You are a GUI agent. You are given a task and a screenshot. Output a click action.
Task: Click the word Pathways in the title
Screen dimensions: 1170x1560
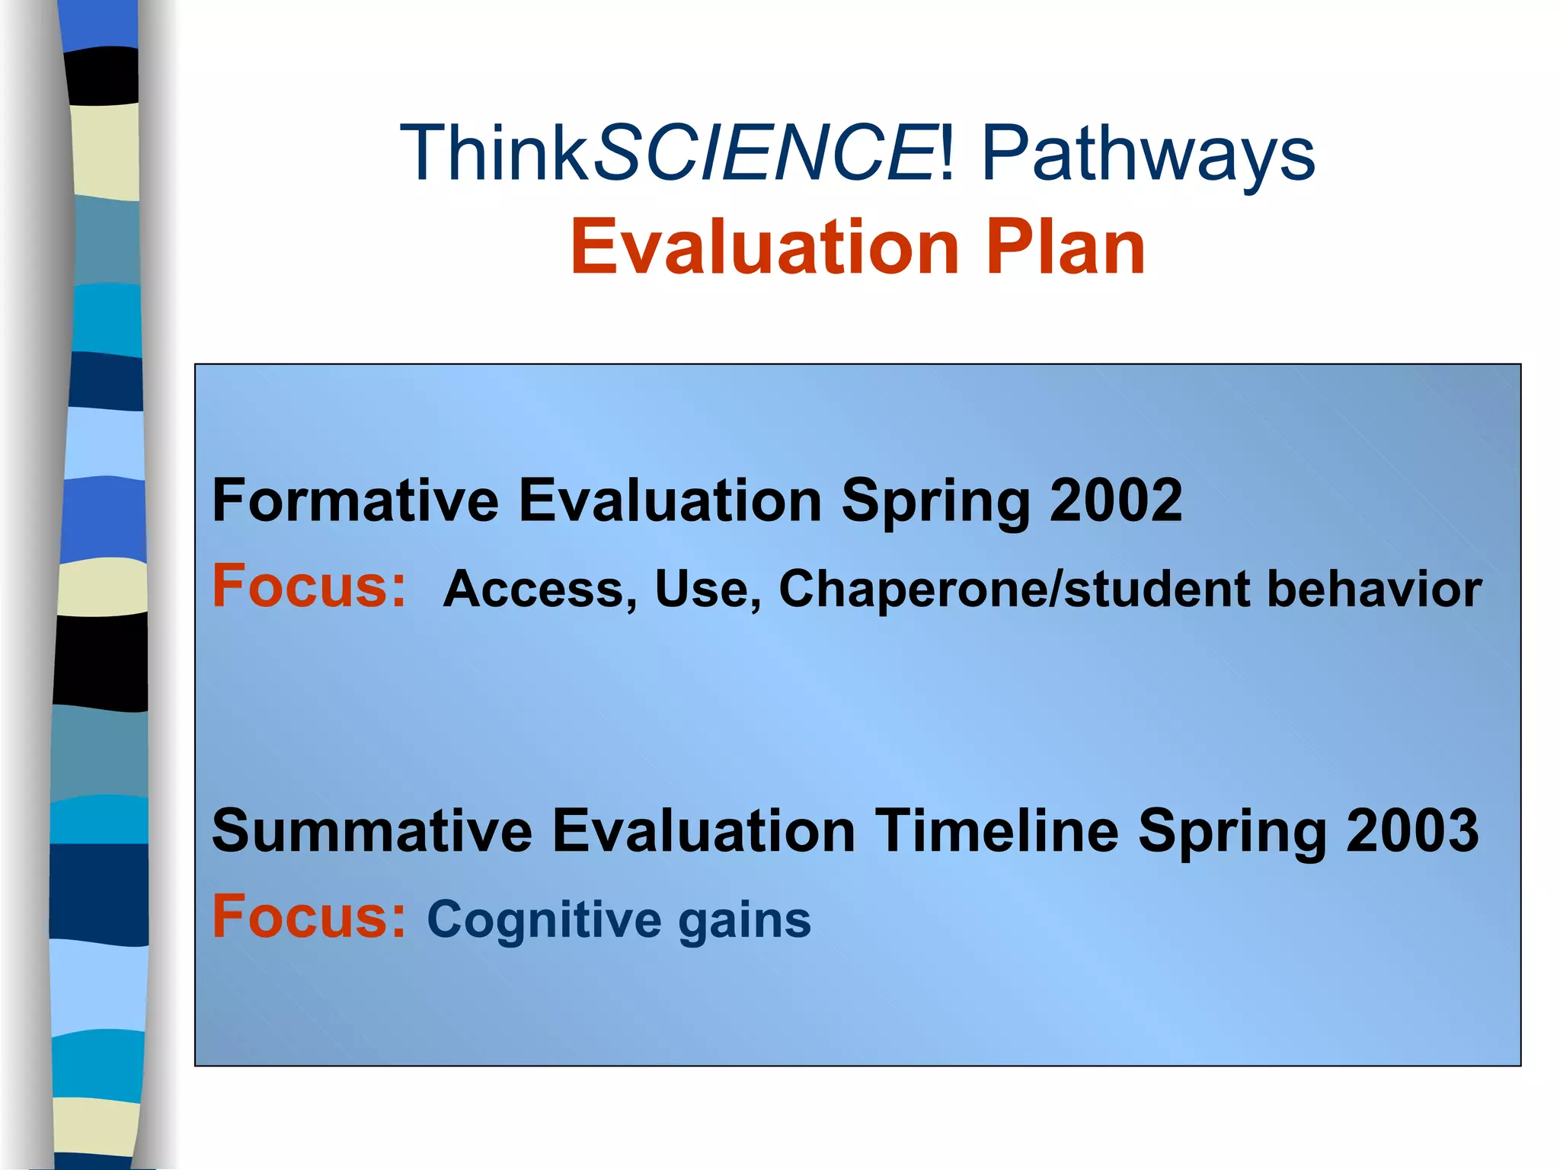tap(1148, 155)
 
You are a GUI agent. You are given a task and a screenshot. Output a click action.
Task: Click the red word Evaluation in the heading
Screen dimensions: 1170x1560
tap(764, 247)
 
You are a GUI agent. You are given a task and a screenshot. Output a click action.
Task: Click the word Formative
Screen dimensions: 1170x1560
tap(355, 500)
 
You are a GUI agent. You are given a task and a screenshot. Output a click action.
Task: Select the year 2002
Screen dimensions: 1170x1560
tap(1115, 500)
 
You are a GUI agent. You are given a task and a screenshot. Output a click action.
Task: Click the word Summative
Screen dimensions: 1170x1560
tap(372, 830)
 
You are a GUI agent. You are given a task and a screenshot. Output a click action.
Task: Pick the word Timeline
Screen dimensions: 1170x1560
tap(996, 830)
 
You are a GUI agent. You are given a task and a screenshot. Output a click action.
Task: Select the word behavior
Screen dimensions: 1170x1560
tap(1374, 590)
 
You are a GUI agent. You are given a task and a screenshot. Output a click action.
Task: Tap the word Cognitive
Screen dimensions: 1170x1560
tap(544, 920)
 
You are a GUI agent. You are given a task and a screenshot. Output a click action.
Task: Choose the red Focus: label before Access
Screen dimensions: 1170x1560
tap(309, 586)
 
